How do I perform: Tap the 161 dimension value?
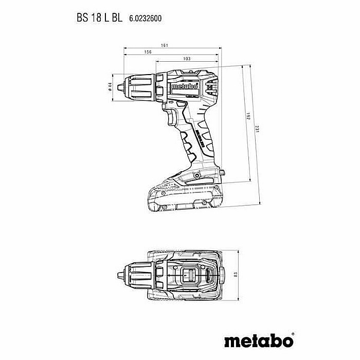pyautogui.click(x=164, y=46)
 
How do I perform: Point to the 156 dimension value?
pyautogui.click(x=148, y=52)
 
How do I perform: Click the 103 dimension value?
pyautogui.click(x=187, y=59)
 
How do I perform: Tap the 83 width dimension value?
pyautogui.click(x=236, y=273)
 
